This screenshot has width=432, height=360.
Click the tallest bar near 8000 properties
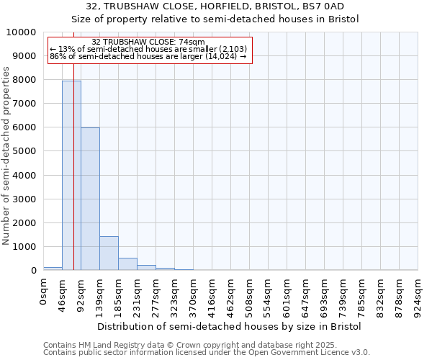point(71,176)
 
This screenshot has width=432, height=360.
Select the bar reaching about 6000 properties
point(90,199)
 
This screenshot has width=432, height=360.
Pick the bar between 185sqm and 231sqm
point(127,264)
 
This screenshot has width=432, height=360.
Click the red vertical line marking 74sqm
point(73,180)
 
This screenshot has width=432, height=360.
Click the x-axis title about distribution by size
point(229,326)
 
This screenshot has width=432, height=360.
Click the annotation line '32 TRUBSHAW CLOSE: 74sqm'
point(149,42)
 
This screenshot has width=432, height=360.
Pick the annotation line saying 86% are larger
point(149,55)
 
